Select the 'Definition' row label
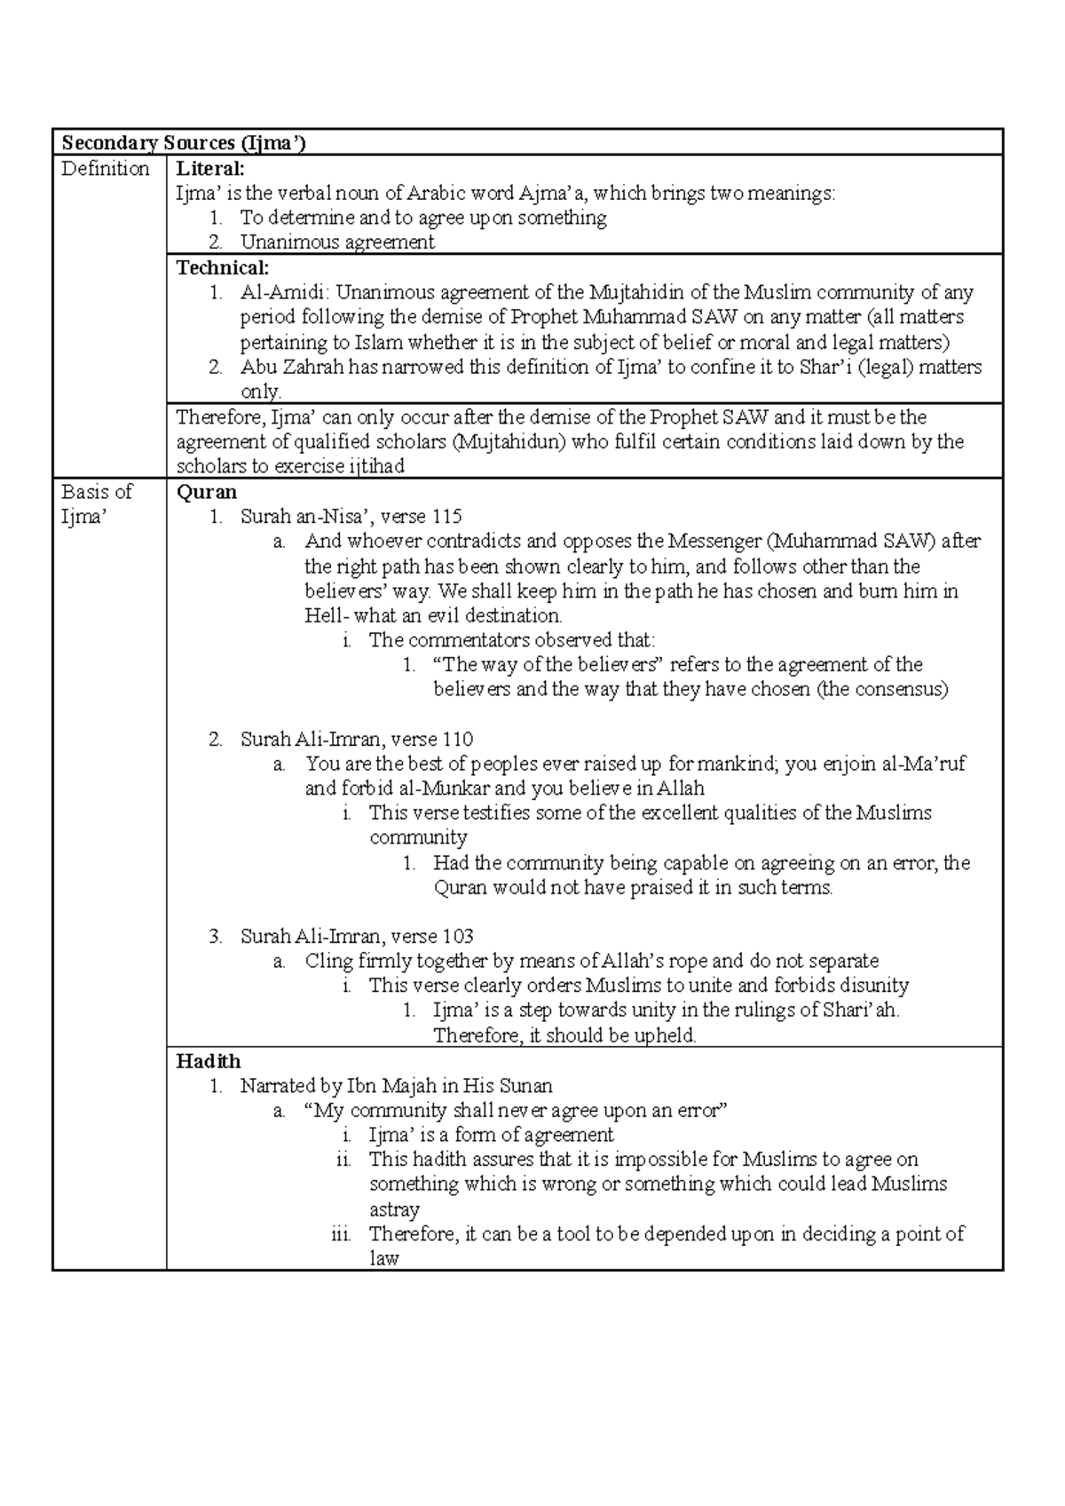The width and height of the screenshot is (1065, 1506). click(105, 168)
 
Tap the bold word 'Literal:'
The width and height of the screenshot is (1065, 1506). click(209, 168)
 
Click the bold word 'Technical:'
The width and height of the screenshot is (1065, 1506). click(222, 267)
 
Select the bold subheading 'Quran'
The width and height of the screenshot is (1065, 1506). click(207, 492)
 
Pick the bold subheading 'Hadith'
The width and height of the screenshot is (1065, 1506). click(208, 1060)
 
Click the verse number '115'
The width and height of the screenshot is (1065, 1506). click(446, 517)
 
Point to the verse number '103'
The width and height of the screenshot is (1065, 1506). click(456, 936)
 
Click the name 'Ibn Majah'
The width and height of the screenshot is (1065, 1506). click(387, 1085)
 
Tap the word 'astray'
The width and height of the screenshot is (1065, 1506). click(394, 1209)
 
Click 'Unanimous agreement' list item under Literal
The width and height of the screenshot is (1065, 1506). click(336, 242)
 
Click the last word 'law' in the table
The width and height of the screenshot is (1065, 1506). click(383, 1258)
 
